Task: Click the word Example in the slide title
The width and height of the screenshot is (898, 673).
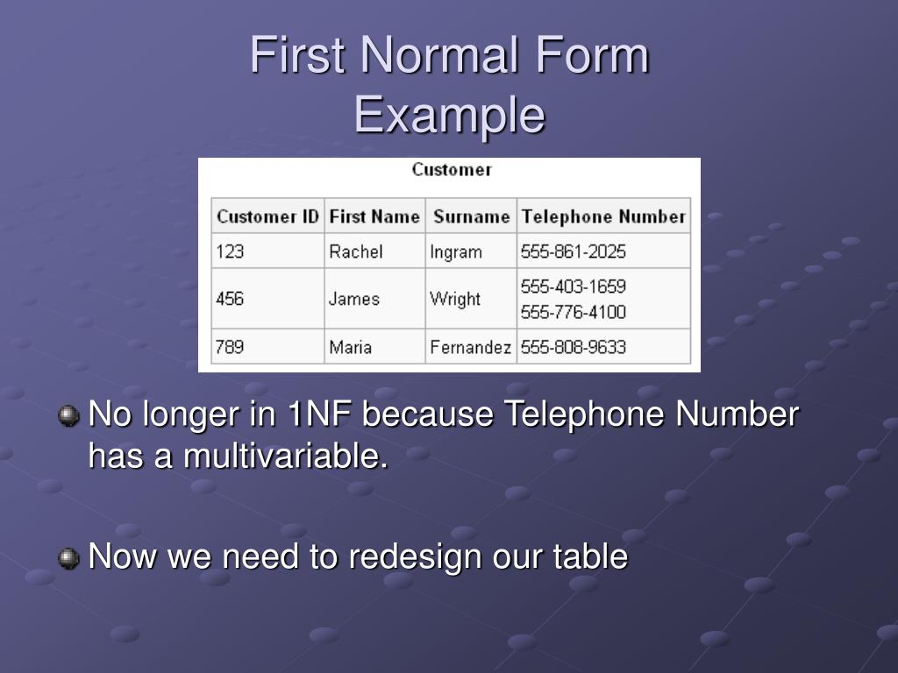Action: [450, 116]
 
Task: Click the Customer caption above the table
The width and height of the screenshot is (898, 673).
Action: [452, 169]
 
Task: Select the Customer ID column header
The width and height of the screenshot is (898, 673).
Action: [267, 216]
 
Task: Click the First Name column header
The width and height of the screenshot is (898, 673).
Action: [374, 216]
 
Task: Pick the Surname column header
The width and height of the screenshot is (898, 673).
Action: [471, 216]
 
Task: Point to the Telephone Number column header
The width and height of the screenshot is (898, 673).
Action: [603, 216]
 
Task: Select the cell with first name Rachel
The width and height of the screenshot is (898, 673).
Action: [356, 251]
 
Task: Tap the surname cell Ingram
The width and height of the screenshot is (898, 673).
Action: [456, 251]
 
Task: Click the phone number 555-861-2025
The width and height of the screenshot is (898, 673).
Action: [574, 251]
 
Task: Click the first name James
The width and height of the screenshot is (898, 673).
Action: [354, 299]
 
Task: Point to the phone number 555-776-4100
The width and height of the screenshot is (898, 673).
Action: [574, 312]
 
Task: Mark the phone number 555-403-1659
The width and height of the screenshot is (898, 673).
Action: [574, 287]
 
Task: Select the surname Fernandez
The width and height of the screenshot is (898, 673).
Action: [470, 347]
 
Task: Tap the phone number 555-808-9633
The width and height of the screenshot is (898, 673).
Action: [574, 347]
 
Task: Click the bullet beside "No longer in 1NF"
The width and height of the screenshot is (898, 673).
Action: [68, 415]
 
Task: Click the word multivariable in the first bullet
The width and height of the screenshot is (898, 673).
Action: [285, 456]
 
